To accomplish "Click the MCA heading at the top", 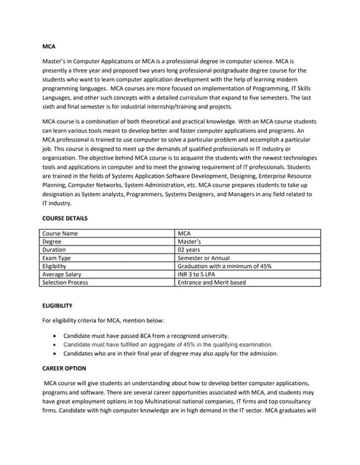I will coord(49,46).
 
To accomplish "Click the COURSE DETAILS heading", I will coord(65,218).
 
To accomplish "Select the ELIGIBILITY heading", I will coord(57,306).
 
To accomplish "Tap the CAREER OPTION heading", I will coord(64,369).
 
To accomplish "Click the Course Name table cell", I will coord(60,233).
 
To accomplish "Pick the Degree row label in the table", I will coord(52,241).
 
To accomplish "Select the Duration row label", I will coord(55,249).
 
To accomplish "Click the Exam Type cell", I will coord(57,258).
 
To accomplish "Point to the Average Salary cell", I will coord(62,274).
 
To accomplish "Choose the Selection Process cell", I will coord(65,282).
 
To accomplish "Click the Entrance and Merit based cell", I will coord(212,282).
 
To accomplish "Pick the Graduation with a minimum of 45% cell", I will coord(225,266).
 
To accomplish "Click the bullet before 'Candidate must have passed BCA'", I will coord(56,336).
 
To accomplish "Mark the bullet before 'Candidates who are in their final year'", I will coord(56,353).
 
